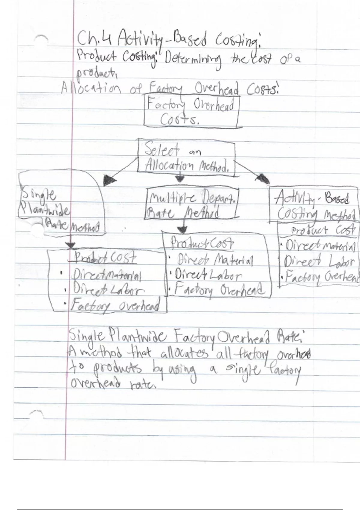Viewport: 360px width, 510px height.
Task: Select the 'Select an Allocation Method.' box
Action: [x=186, y=157]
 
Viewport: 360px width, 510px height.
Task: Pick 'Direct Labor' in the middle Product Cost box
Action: [x=208, y=275]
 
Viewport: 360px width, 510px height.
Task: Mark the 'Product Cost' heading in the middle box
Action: [x=202, y=242]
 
